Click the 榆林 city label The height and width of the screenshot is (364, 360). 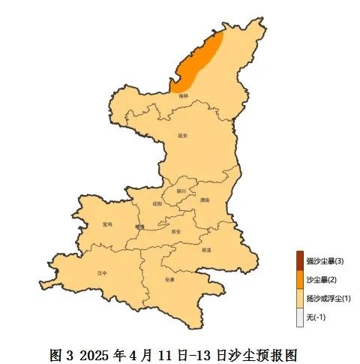184,96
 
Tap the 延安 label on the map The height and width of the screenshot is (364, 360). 182,136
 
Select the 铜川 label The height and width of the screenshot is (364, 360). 181,191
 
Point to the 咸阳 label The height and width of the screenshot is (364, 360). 156,203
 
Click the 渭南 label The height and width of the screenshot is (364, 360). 205,200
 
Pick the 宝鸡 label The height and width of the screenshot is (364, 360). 106,224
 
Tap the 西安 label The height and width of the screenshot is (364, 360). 176,232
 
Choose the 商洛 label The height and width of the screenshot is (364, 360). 206,250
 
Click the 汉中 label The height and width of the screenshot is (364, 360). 103,273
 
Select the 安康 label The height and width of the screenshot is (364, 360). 169,279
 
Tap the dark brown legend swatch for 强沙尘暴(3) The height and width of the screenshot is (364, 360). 300,260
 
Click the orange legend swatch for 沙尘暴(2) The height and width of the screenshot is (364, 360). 300,280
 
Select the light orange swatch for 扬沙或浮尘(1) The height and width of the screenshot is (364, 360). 300,299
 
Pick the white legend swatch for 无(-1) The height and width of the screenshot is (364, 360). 300,318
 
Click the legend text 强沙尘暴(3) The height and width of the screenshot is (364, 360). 325,260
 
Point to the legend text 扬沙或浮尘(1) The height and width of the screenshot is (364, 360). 328,299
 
